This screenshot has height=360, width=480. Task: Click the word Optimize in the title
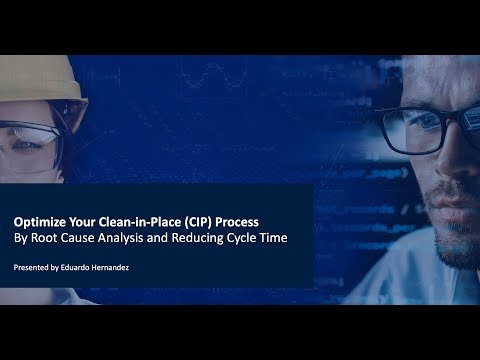click(40, 221)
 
